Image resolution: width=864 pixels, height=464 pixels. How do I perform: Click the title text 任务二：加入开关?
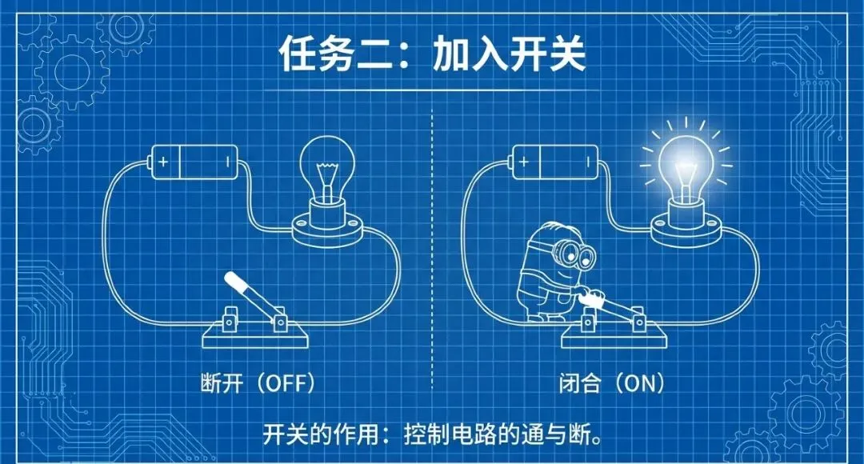(x=432, y=54)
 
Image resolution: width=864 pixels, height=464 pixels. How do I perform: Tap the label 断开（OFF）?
(x=258, y=382)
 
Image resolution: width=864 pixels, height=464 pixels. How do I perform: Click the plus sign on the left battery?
(x=163, y=162)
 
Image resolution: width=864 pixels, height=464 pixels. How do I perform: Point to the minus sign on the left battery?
(x=227, y=162)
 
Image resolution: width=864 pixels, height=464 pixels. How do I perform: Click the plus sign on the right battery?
(x=524, y=162)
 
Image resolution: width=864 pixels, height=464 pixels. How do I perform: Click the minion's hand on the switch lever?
(x=593, y=298)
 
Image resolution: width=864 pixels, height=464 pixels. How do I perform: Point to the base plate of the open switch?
(x=255, y=336)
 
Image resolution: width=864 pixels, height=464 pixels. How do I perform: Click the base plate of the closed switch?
(x=615, y=336)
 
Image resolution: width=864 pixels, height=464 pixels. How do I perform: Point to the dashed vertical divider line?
(x=432, y=249)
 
